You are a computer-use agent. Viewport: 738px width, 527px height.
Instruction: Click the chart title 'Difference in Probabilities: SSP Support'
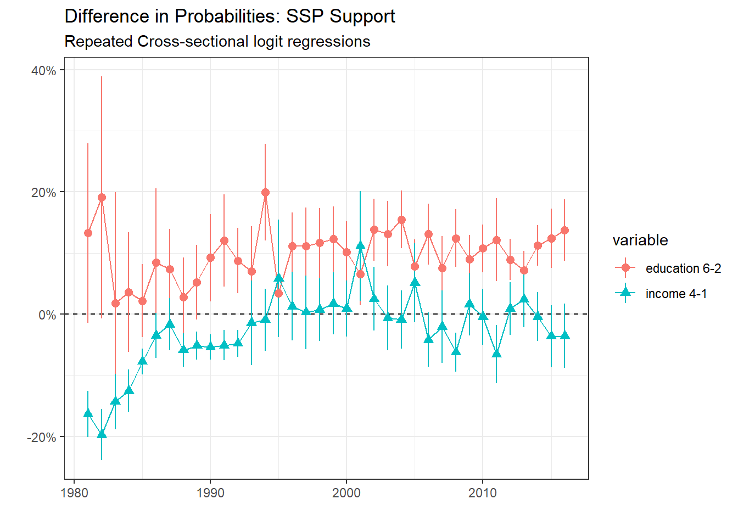tap(230, 16)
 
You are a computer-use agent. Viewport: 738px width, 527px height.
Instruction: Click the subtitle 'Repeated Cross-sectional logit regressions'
tap(217, 42)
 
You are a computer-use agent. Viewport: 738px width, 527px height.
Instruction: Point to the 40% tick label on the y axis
tap(43, 70)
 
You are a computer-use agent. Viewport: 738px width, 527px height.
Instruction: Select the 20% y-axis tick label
tap(43, 193)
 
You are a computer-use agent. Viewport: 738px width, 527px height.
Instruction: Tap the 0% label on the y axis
tap(47, 315)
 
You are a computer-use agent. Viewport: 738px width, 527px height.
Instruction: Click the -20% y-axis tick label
tap(41, 438)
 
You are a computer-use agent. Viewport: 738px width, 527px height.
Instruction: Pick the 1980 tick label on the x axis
tap(74, 493)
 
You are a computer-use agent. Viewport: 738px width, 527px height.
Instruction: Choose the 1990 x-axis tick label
tap(210, 493)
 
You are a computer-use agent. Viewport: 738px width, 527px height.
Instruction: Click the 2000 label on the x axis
tap(346, 493)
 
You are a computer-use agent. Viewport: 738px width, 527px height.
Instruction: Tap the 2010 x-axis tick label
tap(483, 493)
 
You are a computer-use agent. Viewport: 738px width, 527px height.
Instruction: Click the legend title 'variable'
tap(640, 240)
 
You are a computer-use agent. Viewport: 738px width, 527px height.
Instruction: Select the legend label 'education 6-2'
tap(683, 268)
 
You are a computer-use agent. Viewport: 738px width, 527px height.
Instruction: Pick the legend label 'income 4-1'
tap(676, 294)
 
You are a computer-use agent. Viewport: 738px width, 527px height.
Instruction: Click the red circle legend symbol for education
tap(625, 268)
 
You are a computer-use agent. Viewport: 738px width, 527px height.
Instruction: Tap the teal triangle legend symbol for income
tap(625, 293)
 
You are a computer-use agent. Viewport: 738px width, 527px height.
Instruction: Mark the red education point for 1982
tap(102, 197)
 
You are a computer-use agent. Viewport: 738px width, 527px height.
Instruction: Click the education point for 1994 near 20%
tap(265, 192)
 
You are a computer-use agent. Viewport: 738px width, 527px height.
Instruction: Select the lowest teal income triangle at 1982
tap(102, 434)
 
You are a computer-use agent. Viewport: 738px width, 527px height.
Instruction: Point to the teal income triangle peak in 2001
tap(360, 245)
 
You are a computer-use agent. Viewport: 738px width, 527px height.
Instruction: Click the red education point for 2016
tap(564, 230)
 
